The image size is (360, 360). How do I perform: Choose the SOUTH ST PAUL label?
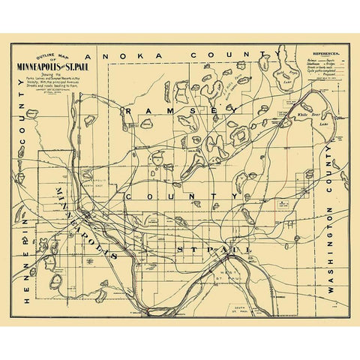point(239,308)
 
